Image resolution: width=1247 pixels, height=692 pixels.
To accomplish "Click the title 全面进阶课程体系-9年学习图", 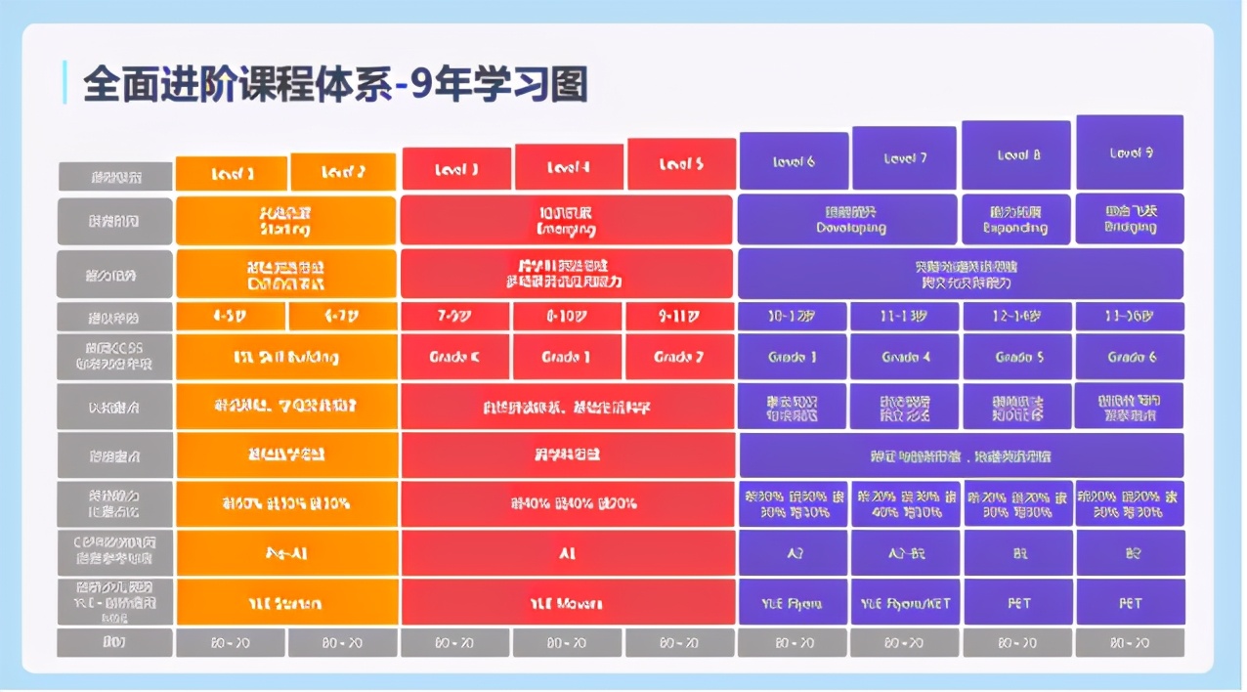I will (335, 84).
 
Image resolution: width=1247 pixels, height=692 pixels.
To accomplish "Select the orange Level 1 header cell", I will (232, 173).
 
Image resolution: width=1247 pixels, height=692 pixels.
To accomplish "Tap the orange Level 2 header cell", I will (343, 172).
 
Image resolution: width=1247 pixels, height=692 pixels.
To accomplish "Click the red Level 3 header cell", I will (455, 169).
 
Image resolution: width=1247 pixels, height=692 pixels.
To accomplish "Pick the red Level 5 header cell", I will (680, 164).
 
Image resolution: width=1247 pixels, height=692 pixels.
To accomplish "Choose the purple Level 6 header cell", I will (793, 161).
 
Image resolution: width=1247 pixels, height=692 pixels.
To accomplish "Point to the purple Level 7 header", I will (904, 158).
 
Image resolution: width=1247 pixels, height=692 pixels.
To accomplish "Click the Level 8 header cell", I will (1017, 155).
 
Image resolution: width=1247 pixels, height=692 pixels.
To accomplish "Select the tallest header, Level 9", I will (1130, 152).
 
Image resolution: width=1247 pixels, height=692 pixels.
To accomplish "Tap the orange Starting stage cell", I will (285, 221).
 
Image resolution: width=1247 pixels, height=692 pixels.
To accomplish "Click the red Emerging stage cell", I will (566, 221).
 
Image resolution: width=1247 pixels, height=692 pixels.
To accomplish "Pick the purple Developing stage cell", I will (847, 220).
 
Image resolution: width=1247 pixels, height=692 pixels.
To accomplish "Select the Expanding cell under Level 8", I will (1016, 220).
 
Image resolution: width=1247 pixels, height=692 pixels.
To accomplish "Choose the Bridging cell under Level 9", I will (1130, 219).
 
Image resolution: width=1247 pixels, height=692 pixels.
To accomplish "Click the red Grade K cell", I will (454, 357).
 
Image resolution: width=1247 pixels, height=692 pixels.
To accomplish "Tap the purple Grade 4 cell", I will (905, 357).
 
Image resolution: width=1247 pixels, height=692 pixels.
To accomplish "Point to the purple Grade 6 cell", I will (1130, 357).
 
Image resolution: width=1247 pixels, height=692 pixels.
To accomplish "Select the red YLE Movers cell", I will (566, 602).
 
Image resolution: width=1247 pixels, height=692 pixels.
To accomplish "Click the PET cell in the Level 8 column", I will (1017, 602).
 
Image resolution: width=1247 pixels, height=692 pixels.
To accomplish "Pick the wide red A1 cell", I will (566, 553).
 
